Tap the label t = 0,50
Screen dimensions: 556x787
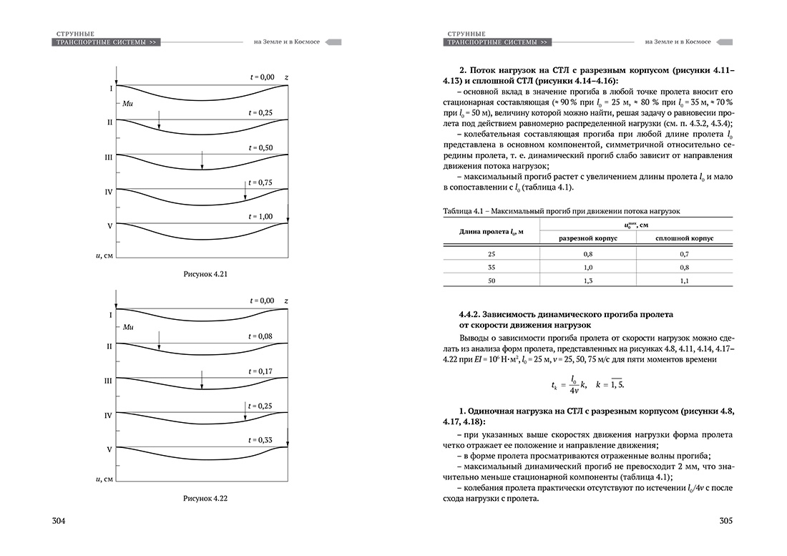261,147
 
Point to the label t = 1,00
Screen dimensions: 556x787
261,216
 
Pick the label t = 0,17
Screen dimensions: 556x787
261,371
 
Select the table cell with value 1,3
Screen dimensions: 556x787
587,281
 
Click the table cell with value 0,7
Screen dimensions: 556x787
683,254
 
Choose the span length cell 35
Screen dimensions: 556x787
491,268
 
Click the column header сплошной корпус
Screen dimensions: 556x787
683,237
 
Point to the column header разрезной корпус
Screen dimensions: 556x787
587,237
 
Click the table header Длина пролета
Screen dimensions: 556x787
490,230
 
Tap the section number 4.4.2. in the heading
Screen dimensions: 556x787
470,315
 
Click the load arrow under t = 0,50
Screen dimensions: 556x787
202,160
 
